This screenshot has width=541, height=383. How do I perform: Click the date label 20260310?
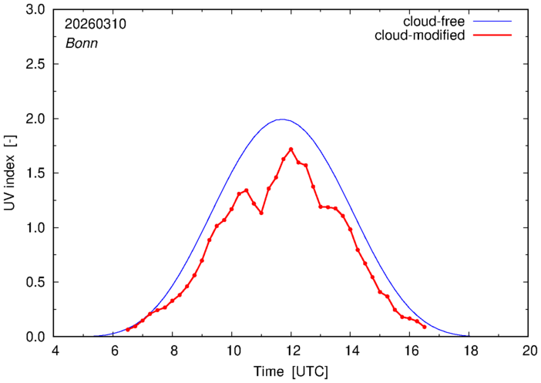pos(96,24)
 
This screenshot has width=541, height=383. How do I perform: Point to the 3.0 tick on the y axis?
pos(37,11)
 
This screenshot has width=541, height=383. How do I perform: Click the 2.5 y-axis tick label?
pos(37,65)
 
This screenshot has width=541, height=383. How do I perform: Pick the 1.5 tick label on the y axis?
pos(37,173)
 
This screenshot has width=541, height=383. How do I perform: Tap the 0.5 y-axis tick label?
pos(37,282)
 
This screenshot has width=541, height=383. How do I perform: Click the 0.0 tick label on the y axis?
pos(37,337)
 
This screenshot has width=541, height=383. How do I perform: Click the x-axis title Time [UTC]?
pos(291,371)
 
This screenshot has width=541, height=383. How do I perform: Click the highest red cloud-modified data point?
pos(291,150)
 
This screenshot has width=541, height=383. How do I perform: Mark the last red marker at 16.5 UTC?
pos(425,327)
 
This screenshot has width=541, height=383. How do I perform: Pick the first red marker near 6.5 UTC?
pos(128,330)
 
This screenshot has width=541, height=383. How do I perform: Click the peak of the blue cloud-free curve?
pos(282,119)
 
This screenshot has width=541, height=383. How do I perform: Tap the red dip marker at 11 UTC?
pos(261,213)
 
